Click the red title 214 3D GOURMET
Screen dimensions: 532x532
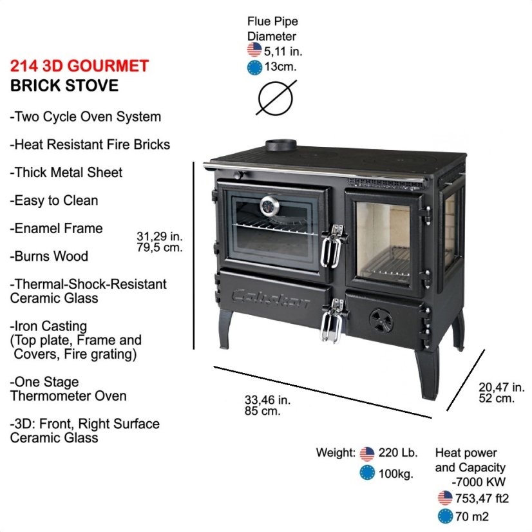(79, 66)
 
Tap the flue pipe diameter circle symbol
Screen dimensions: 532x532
(276, 98)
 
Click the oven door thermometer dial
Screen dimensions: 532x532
(270, 205)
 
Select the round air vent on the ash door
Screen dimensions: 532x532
(381, 320)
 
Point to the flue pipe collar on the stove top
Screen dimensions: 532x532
(281, 145)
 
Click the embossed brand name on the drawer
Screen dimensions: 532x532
(271, 299)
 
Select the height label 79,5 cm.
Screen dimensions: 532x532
(160, 247)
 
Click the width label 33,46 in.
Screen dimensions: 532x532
(268, 400)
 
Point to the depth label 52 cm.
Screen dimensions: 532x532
(497, 398)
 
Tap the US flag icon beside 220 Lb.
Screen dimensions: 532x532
(367, 453)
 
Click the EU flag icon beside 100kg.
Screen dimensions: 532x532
(367, 473)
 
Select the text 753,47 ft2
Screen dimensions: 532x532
(482, 499)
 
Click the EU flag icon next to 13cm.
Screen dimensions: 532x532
(254, 68)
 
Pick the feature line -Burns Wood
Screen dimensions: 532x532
(49, 256)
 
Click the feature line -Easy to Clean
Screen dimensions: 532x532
(54, 200)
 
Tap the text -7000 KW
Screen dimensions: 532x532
(479, 482)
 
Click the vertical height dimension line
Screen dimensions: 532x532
(194, 256)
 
